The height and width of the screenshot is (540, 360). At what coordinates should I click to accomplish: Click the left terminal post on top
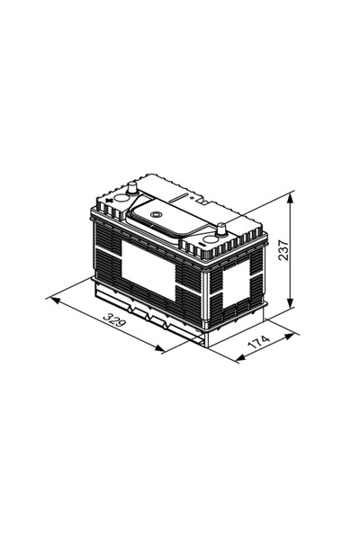[x=133, y=189]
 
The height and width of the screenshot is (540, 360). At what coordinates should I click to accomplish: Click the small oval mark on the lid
[x=155, y=214]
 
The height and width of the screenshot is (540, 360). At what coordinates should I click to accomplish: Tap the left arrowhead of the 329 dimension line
[x=50, y=295]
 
